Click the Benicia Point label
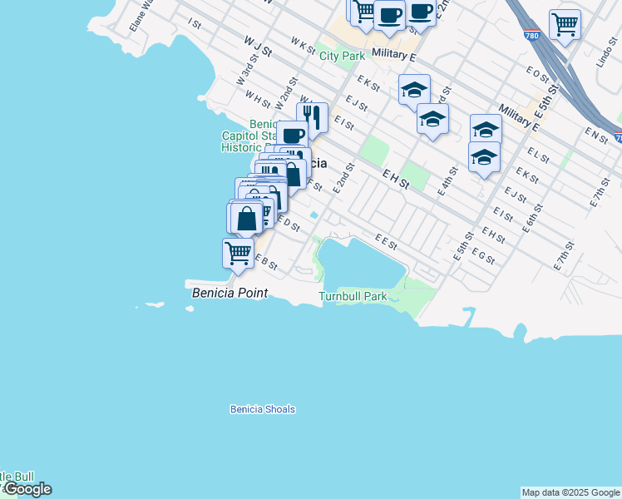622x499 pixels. (x=230, y=293)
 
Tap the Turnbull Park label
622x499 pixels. (x=353, y=296)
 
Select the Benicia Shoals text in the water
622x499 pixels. (x=262, y=409)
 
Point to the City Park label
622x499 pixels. (x=342, y=56)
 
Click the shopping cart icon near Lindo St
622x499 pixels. (x=565, y=24)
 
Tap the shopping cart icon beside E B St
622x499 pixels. (x=239, y=253)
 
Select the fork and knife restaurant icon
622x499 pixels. (x=312, y=117)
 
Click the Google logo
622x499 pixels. (x=27, y=489)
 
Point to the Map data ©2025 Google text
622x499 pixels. (x=570, y=492)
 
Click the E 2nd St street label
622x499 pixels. (x=343, y=178)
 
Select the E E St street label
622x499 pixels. (x=387, y=241)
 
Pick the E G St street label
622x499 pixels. (x=483, y=256)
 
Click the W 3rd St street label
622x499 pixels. (x=245, y=73)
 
